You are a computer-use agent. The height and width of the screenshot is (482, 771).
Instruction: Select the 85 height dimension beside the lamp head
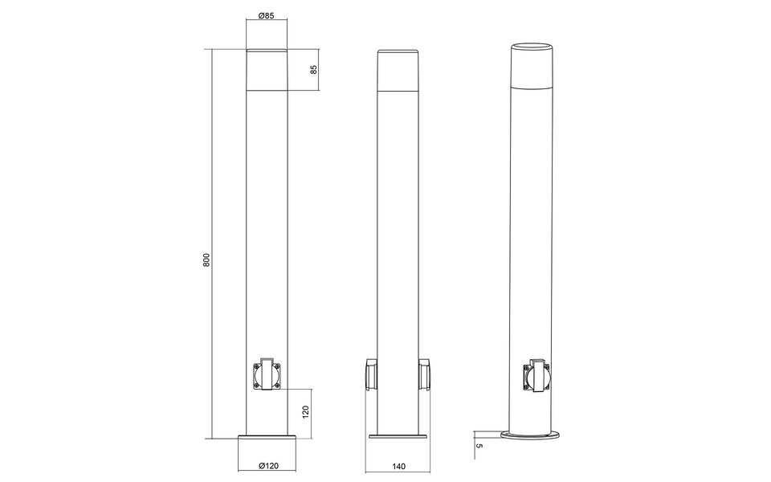coord(314,70)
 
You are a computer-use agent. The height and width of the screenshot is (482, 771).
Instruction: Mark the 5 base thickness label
coord(479,443)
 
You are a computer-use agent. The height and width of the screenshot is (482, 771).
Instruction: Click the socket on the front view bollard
coord(269,374)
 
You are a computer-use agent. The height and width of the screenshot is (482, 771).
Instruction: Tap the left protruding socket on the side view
coord(370,374)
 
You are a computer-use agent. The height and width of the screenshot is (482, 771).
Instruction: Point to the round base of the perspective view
coord(535,435)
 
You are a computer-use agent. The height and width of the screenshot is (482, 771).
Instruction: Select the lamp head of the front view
coord(268,70)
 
